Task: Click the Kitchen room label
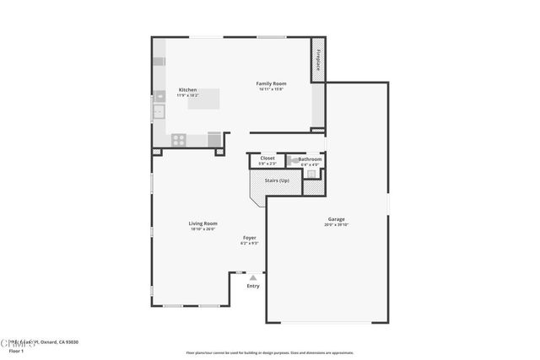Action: click(187, 89)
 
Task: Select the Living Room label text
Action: click(202, 223)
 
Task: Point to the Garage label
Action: click(336, 219)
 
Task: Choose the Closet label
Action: click(267, 158)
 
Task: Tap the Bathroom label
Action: click(310, 159)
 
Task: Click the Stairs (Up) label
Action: click(277, 180)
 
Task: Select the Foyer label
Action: click(250, 238)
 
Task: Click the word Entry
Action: click(253, 287)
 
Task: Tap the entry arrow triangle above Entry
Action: click(252, 277)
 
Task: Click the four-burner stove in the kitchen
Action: click(179, 138)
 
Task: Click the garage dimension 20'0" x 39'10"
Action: click(336, 225)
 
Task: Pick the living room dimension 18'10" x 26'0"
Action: click(202, 228)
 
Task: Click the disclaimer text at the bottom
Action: click(269, 352)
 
